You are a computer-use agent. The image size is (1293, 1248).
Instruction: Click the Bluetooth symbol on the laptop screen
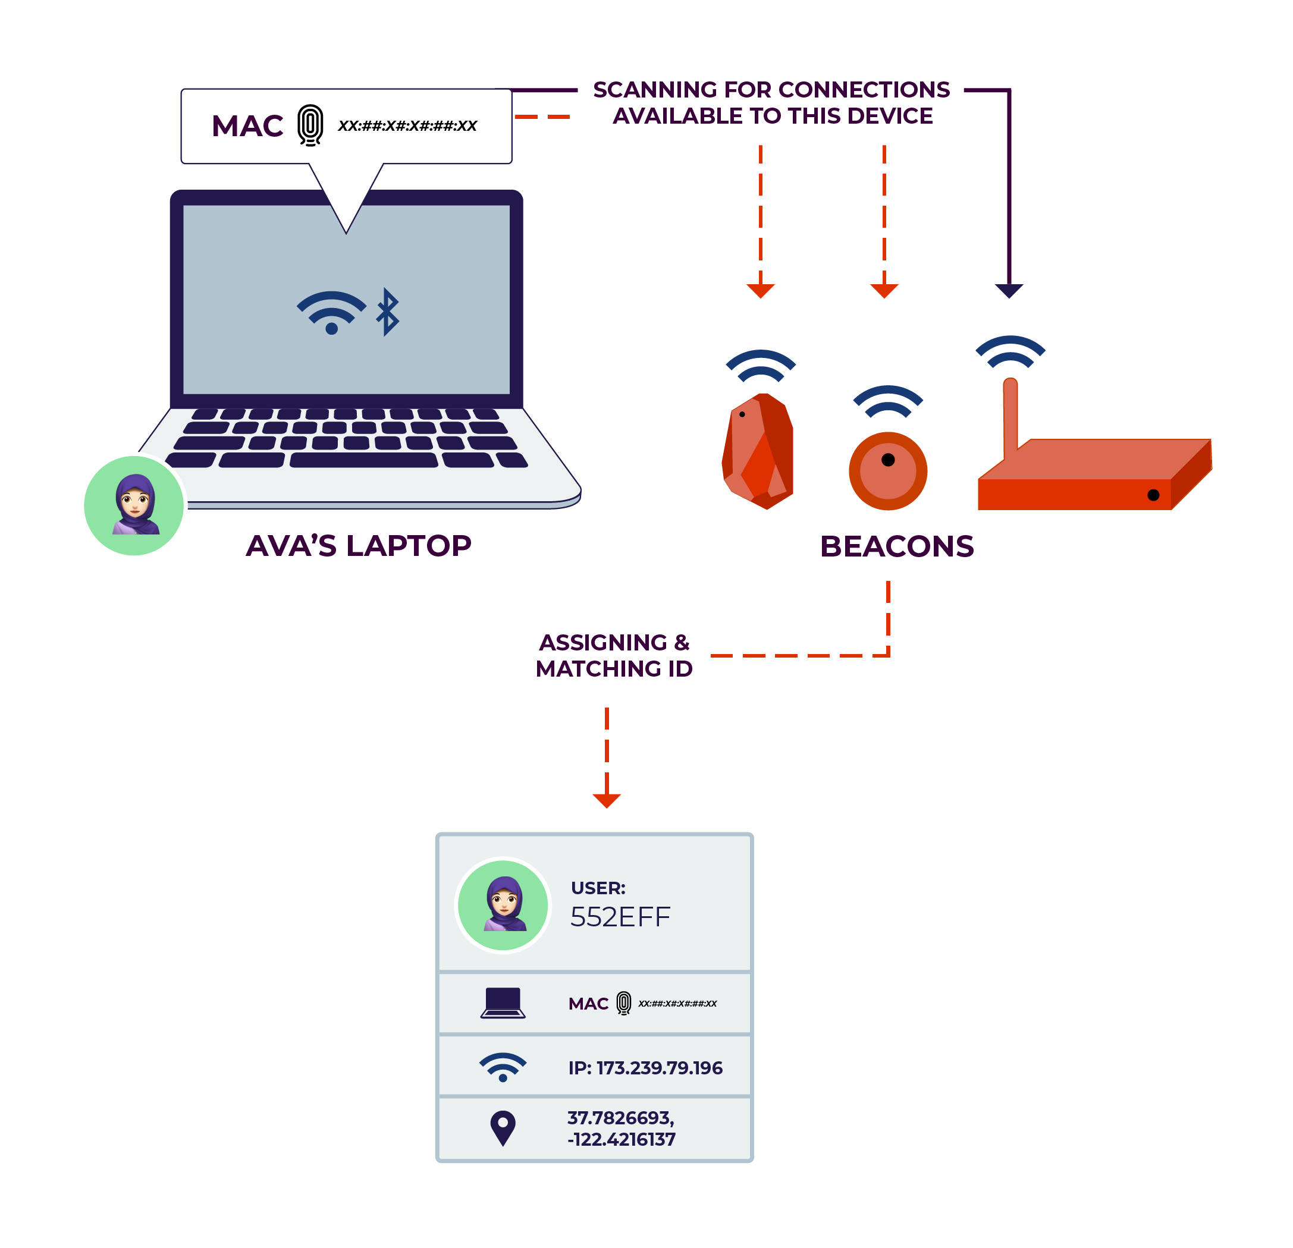(388, 312)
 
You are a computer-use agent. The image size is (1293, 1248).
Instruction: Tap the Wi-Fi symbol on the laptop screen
(331, 313)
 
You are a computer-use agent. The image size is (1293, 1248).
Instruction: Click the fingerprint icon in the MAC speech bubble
(310, 125)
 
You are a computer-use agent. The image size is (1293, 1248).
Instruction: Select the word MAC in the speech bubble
(247, 126)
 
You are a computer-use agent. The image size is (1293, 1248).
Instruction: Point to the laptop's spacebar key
(363, 460)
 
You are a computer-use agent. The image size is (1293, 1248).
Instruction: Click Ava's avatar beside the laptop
(134, 506)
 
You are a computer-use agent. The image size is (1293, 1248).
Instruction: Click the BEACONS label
(896, 547)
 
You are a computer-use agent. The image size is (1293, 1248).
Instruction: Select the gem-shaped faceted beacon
(759, 452)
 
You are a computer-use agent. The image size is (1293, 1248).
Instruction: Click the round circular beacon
(888, 471)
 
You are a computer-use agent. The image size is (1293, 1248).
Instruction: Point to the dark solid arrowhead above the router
(1009, 290)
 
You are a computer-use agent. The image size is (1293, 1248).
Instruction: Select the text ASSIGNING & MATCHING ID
(614, 656)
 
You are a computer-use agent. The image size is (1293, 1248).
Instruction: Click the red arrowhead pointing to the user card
(607, 801)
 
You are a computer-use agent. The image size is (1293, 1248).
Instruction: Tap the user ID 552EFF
(620, 917)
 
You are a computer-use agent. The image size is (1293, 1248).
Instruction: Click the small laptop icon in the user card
(503, 1003)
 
